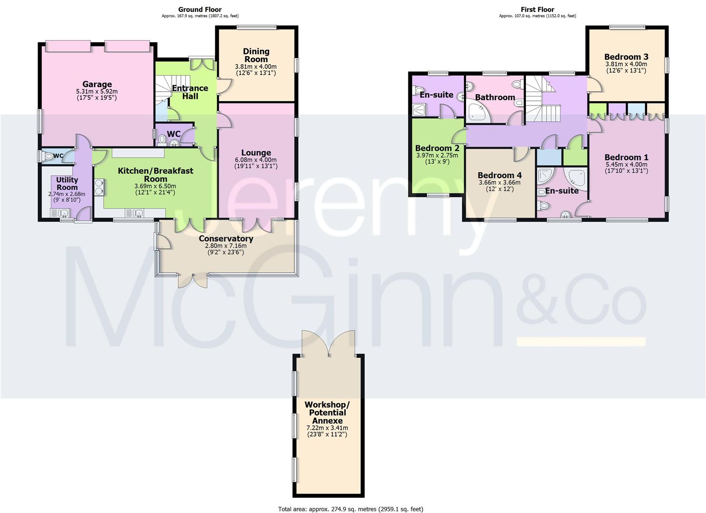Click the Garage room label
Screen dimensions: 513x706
(97, 85)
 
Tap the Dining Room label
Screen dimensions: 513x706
(256, 55)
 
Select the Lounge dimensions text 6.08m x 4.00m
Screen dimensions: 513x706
(256, 160)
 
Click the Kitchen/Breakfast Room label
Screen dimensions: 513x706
(155, 174)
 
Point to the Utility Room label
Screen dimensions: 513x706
(67, 183)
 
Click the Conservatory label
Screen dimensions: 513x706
(226, 238)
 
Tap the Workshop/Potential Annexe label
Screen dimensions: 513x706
(327, 412)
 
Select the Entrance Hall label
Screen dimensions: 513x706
(190, 92)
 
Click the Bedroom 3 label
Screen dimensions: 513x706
(626, 57)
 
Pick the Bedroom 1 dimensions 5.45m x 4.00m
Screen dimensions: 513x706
(626, 165)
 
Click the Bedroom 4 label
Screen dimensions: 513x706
(499, 175)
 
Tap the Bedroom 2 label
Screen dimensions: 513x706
(437, 148)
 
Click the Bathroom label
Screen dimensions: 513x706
(495, 97)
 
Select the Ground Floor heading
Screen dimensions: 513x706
(200, 9)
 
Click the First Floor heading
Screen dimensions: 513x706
(537, 9)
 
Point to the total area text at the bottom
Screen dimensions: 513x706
(350, 509)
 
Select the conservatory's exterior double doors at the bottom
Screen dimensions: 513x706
(193, 280)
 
